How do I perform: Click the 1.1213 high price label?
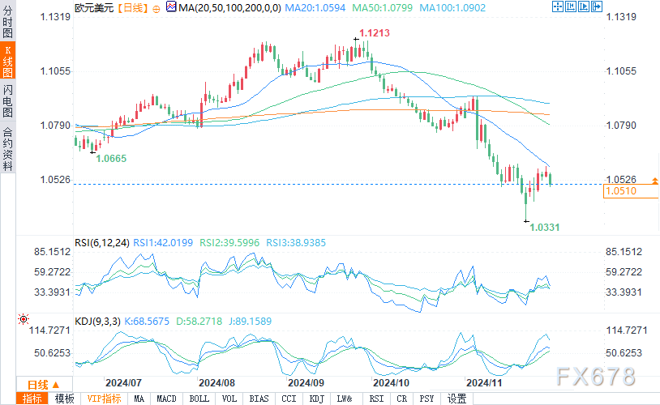tap(373, 33)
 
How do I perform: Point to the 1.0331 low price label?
tap(545, 228)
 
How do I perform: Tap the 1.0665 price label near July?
tap(111, 159)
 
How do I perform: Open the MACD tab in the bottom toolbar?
tap(166, 399)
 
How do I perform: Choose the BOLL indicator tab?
tap(198, 399)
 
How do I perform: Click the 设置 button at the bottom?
tap(456, 399)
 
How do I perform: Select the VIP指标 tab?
tap(104, 399)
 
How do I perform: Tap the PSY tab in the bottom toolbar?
tap(426, 399)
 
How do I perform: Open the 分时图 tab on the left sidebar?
tap(8, 22)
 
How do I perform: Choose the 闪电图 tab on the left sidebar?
tap(8, 100)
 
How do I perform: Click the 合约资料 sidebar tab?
tap(8, 149)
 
